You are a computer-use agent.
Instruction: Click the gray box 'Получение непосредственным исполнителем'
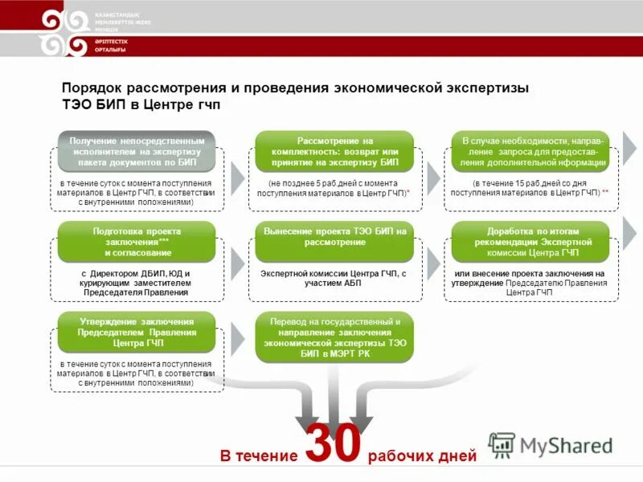pyautogui.click(x=136, y=151)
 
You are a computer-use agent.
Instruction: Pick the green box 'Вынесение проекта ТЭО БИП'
pyautogui.click(x=334, y=237)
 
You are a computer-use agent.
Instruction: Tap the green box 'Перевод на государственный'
pyautogui.click(x=334, y=337)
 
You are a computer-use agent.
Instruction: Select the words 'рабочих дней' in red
pyautogui.click(x=422, y=455)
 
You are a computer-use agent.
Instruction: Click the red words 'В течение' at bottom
pyautogui.click(x=259, y=455)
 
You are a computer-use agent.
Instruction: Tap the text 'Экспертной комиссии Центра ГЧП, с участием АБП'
pyautogui.click(x=334, y=279)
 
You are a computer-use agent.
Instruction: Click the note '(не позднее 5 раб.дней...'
pyautogui.click(x=334, y=189)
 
